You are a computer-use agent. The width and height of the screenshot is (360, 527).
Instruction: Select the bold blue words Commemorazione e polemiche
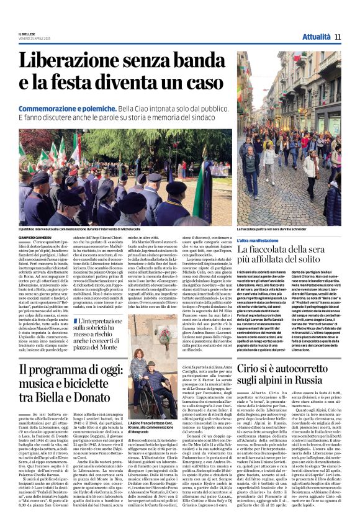(69, 109)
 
